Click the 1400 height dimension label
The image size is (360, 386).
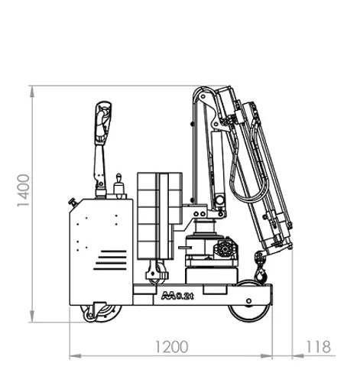click(x=24, y=191)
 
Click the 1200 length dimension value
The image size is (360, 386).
click(x=171, y=346)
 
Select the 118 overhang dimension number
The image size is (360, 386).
click(x=319, y=346)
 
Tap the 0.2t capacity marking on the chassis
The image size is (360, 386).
click(x=174, y=294)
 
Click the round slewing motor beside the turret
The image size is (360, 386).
click(x=227, y=249)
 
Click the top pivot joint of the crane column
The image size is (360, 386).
click(x=200, y=97)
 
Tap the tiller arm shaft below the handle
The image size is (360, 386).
click(x=99, y=164)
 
